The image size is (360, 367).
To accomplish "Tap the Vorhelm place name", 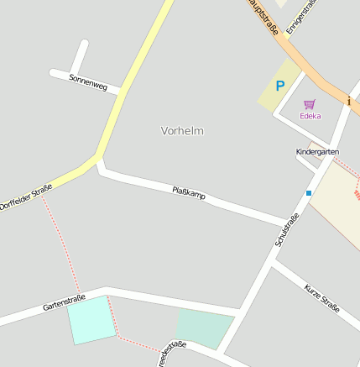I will point(182,131).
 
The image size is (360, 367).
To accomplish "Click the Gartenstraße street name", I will point(64,302).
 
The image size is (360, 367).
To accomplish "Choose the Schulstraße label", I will point(287,229).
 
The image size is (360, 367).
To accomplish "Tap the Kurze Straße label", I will point(322,297).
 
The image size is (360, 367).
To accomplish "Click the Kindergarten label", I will point(317,151).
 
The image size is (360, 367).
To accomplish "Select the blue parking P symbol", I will point(280,85).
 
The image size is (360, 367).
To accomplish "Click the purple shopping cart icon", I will point(310,104).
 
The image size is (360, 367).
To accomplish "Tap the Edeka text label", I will point(310,116).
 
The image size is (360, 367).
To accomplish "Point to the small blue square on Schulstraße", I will point(309,193).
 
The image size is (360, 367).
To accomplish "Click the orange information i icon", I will point(349,101).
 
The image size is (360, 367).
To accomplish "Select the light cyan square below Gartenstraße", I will point(91,319).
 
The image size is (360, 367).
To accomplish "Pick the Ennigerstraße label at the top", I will point(300,17).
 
